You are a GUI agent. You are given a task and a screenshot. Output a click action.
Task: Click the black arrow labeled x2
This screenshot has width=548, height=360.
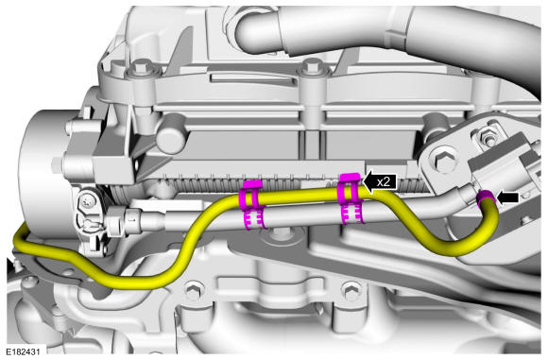click(380, 181)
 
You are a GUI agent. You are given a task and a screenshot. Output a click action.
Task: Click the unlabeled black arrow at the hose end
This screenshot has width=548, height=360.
click(507, 197)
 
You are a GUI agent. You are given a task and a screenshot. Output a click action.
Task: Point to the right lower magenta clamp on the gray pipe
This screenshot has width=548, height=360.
click(353, 214)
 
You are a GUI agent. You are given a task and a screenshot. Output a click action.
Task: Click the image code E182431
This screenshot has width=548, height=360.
click(23, 351)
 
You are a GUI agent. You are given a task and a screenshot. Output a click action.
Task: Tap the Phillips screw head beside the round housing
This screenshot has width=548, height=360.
click(87, 201)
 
